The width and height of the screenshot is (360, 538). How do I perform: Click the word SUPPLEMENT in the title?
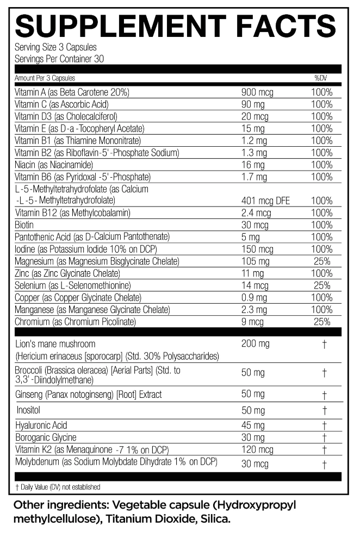[x=116, y=26]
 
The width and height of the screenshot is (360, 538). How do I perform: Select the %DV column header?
[x=320, y=78]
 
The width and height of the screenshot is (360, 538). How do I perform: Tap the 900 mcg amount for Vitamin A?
[x=258, y=92]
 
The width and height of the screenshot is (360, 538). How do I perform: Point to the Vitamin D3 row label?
[x=66, y=116]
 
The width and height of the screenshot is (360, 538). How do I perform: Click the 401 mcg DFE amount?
[x=265, y=201]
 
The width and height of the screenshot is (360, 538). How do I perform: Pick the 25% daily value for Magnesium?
[x=322, y=261]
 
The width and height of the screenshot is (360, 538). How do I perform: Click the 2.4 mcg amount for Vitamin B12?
[x=256, y=213]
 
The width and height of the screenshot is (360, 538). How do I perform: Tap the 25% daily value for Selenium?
[x=322, y=285]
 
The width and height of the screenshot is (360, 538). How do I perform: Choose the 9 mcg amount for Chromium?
[x=253, y=322]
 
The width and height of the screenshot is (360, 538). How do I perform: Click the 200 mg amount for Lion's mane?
[x=256, y=344]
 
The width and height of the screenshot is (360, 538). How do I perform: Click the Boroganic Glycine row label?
[x=46, y=437]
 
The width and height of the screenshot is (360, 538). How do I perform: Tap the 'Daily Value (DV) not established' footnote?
[x=54, y=487]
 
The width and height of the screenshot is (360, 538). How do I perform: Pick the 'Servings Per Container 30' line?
[x=59, y=59]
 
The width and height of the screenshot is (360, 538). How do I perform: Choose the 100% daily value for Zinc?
[x=321, y=273]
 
